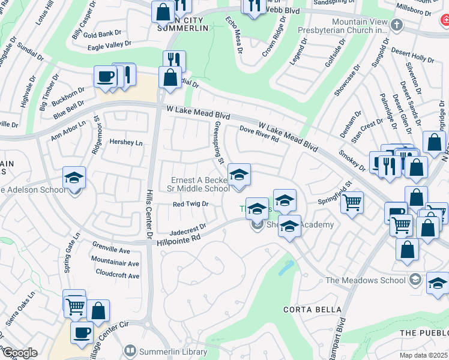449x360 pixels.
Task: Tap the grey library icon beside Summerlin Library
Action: [x=129, y=350]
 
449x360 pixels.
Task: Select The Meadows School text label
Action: [x=366, y=280]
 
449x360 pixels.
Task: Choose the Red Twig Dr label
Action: [x=190, y=204]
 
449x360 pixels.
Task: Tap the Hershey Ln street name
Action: [x=127, y=142]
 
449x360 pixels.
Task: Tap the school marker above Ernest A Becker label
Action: [x=239, y=175]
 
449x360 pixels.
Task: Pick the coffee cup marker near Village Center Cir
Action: [x=82, y=332]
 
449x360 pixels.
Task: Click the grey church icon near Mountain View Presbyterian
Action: [x=396, y=25]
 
